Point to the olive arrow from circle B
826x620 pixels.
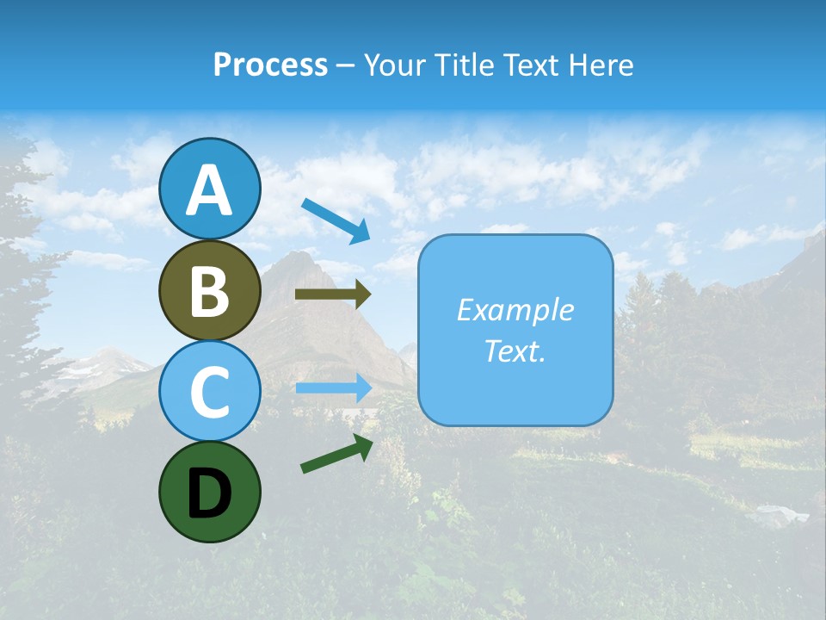[332, 294]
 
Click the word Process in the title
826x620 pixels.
[270, 65]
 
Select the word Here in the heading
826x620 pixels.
[600, 65]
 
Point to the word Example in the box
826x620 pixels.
[515, 310]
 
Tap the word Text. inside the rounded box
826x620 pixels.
[515, 350]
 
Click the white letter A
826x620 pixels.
[209, 190]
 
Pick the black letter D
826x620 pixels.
[209, 493]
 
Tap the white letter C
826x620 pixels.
[209, 393]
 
